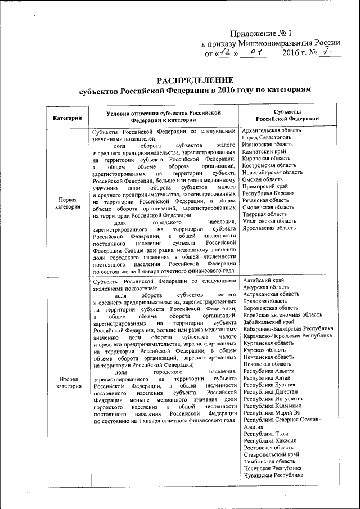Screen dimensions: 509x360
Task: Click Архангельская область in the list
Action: [271, 130]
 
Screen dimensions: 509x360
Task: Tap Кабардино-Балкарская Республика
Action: [288, 328]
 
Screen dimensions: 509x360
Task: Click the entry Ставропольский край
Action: [271, 454]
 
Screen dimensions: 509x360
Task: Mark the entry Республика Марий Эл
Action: [272, 413]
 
